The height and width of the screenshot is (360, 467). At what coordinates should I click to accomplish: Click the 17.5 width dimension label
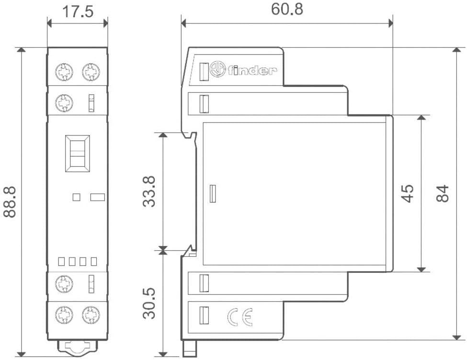[x=78, y=11]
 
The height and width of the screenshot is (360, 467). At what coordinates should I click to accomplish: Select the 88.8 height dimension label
[x=10, y=202]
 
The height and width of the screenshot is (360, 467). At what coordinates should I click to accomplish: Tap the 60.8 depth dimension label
[x=287, y=9]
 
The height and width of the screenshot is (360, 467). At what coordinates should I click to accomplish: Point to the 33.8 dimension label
[x=149, y=191]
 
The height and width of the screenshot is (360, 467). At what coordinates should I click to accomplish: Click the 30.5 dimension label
[x=149, y=304]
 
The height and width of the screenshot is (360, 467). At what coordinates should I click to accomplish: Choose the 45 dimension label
[x=407, y=193]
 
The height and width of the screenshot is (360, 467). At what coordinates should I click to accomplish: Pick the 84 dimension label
[x=442, y=193]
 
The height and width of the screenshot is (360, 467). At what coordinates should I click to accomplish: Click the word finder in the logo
[x=252, y=70]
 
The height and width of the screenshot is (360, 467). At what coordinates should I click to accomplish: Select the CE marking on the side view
[x=240, y=317]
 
